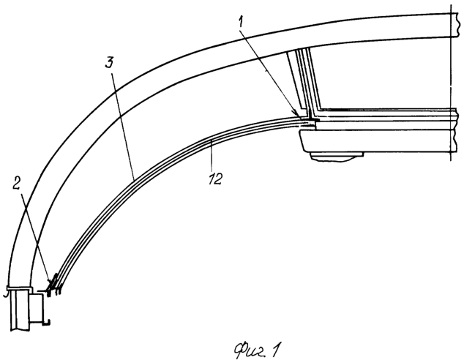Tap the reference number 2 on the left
[x=17, y=185]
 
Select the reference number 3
[x=110, y=62]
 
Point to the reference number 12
[x=215, y=179]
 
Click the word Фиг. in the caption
[x=248, y=350]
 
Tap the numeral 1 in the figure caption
[x=275, y=349]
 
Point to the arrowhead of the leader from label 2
[x=49, y=280]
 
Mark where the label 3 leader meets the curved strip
[x=134, y=179]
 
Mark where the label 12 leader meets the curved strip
[x=211, y=141]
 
